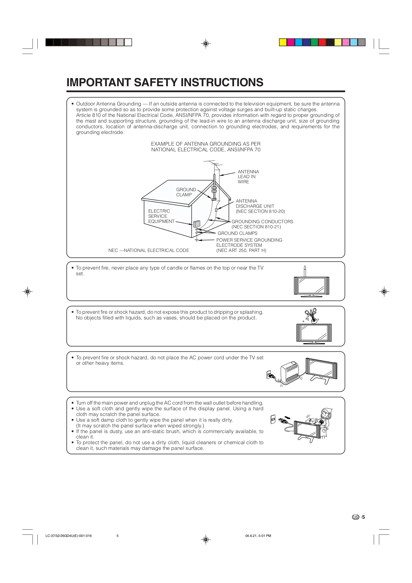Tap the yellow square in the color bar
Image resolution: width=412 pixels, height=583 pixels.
pyautogui.click(x=283, y=43)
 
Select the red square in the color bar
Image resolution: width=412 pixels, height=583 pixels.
pyautogui.click(x=322, y=43)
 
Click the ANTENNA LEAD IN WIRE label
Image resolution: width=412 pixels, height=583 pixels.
pyautogui.click(x=248, y=177)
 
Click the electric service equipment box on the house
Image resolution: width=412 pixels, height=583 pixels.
pyautogui.click(x=197, y=224)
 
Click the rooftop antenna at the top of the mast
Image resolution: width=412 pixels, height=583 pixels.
pyautogui.click(x=213, y=164)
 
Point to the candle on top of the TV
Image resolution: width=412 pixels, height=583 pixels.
pyautogui.click(x=305, y=271)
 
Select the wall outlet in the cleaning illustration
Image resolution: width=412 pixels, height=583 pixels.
pyautogui.click(x=273, y=419)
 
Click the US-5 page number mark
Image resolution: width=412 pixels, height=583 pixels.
pyautogui.click(x=358, y=517)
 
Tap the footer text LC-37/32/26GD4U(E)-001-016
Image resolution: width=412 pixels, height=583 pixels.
pyautogui.click(x=69, y=536)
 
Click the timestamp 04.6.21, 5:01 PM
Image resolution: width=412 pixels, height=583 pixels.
pyautogui.click(x=258, y=536)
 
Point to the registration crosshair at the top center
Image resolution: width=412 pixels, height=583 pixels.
pyautogui.click(x=206, y=43)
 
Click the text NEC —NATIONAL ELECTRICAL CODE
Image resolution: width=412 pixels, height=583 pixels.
pyautogui.click(x=149, y=250)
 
